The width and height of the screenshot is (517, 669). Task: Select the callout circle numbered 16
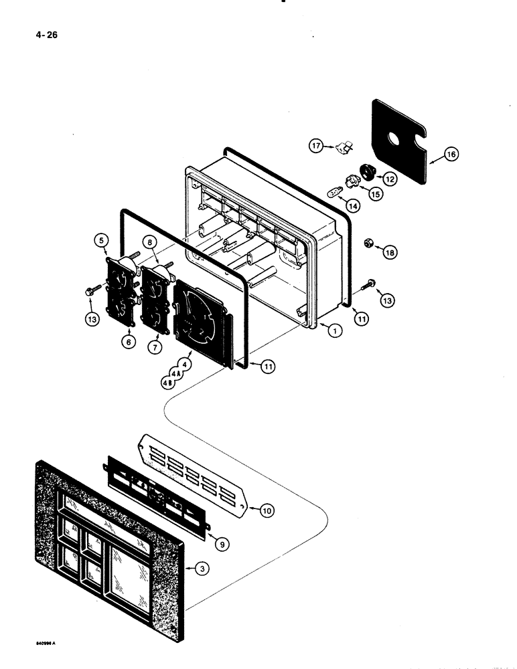point(451,155)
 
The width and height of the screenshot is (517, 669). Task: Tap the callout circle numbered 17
point(315,146)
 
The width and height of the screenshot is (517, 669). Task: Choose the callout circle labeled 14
point(353,207)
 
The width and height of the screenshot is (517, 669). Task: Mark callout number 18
point(388,252)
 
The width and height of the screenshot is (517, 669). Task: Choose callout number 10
point(266,511)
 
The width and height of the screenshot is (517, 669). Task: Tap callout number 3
point(200,569)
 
